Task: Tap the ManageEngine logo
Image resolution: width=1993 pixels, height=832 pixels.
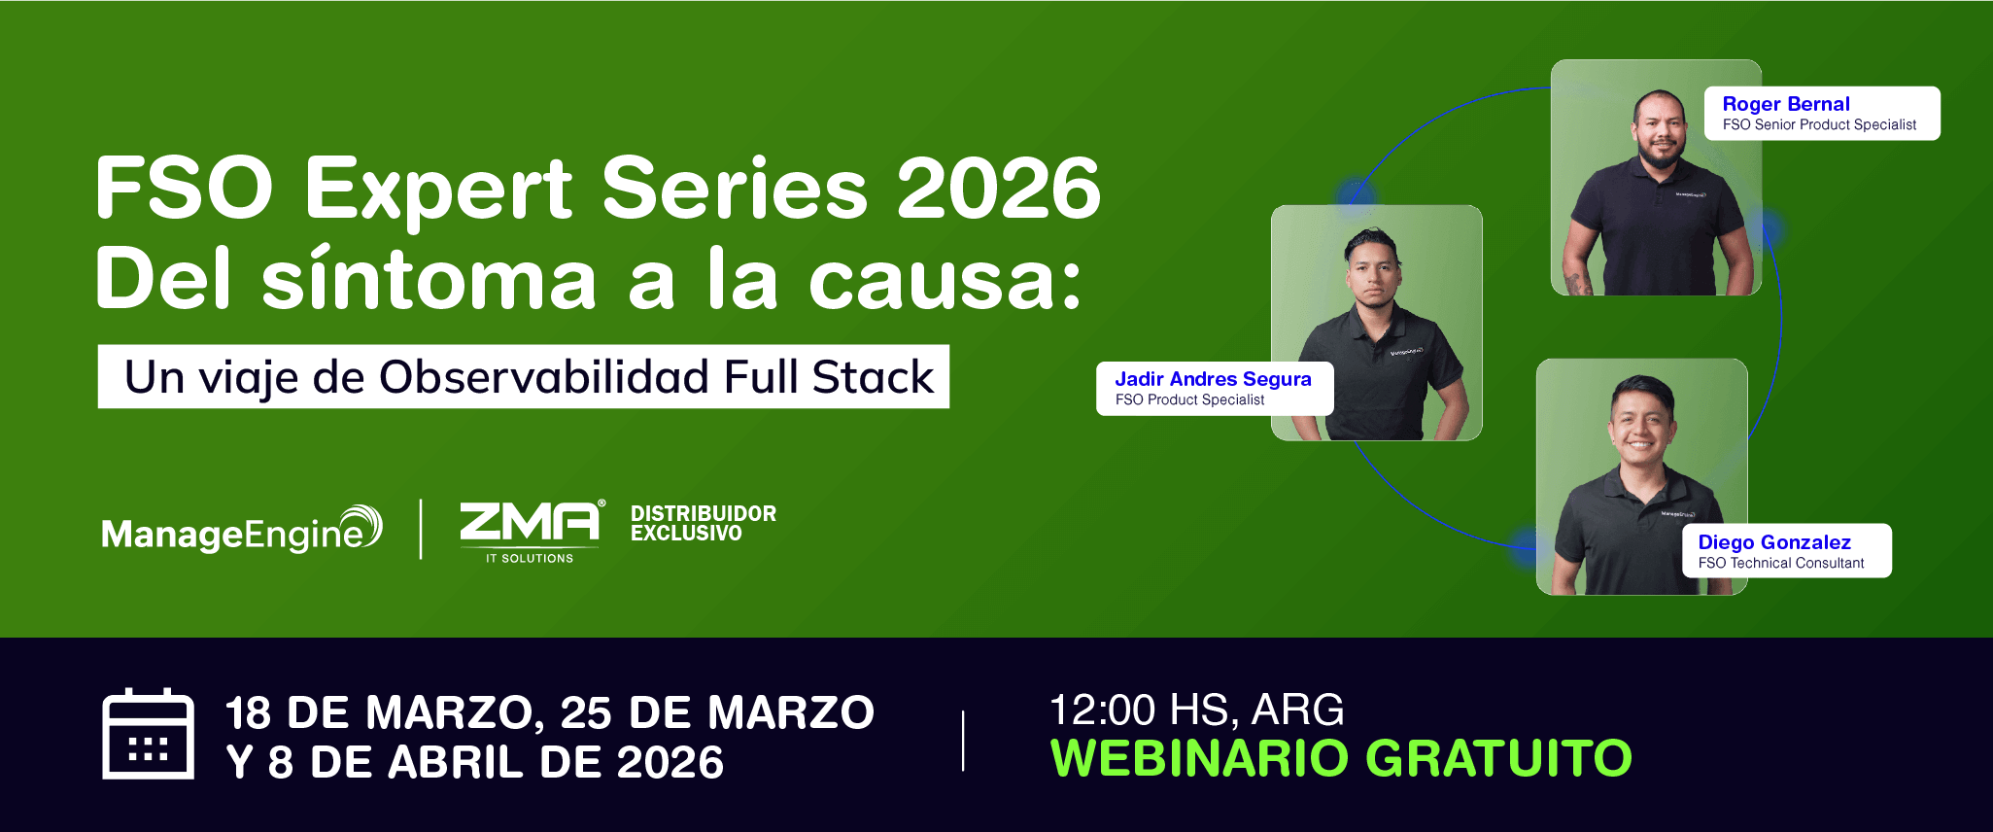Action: [242, 531]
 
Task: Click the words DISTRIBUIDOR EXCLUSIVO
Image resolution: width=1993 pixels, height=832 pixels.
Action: [704, 523]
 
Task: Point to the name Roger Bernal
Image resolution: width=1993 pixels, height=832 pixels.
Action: [1786, 104]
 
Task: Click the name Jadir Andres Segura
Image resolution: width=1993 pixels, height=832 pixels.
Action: [1213, 379]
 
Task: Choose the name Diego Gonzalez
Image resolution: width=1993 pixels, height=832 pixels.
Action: [1774, 542]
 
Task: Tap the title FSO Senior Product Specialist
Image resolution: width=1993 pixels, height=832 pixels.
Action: [1819, 124]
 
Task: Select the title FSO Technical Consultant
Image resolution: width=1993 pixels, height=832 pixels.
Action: [1781, 563]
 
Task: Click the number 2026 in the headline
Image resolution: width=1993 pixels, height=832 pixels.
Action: [998, 188]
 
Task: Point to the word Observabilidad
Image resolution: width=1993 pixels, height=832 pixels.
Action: [544, 376]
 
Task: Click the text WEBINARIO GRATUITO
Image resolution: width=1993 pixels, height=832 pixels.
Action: [1341, 758]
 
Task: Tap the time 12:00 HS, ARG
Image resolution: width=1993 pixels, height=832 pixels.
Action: [1197, 710]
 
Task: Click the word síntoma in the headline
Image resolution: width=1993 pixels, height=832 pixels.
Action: [429, 279]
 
